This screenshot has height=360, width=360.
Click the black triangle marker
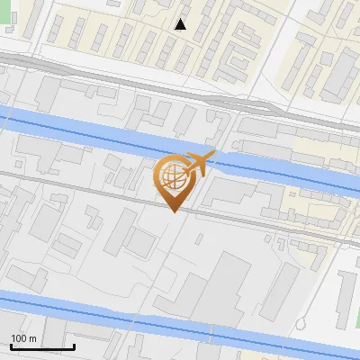click(181, 24)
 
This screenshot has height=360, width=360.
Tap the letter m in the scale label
click(32, 338)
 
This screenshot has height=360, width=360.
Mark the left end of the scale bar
click(10, 346)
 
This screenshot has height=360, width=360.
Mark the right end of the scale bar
click(74, 346)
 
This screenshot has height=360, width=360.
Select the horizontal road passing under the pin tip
click(108, 193)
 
